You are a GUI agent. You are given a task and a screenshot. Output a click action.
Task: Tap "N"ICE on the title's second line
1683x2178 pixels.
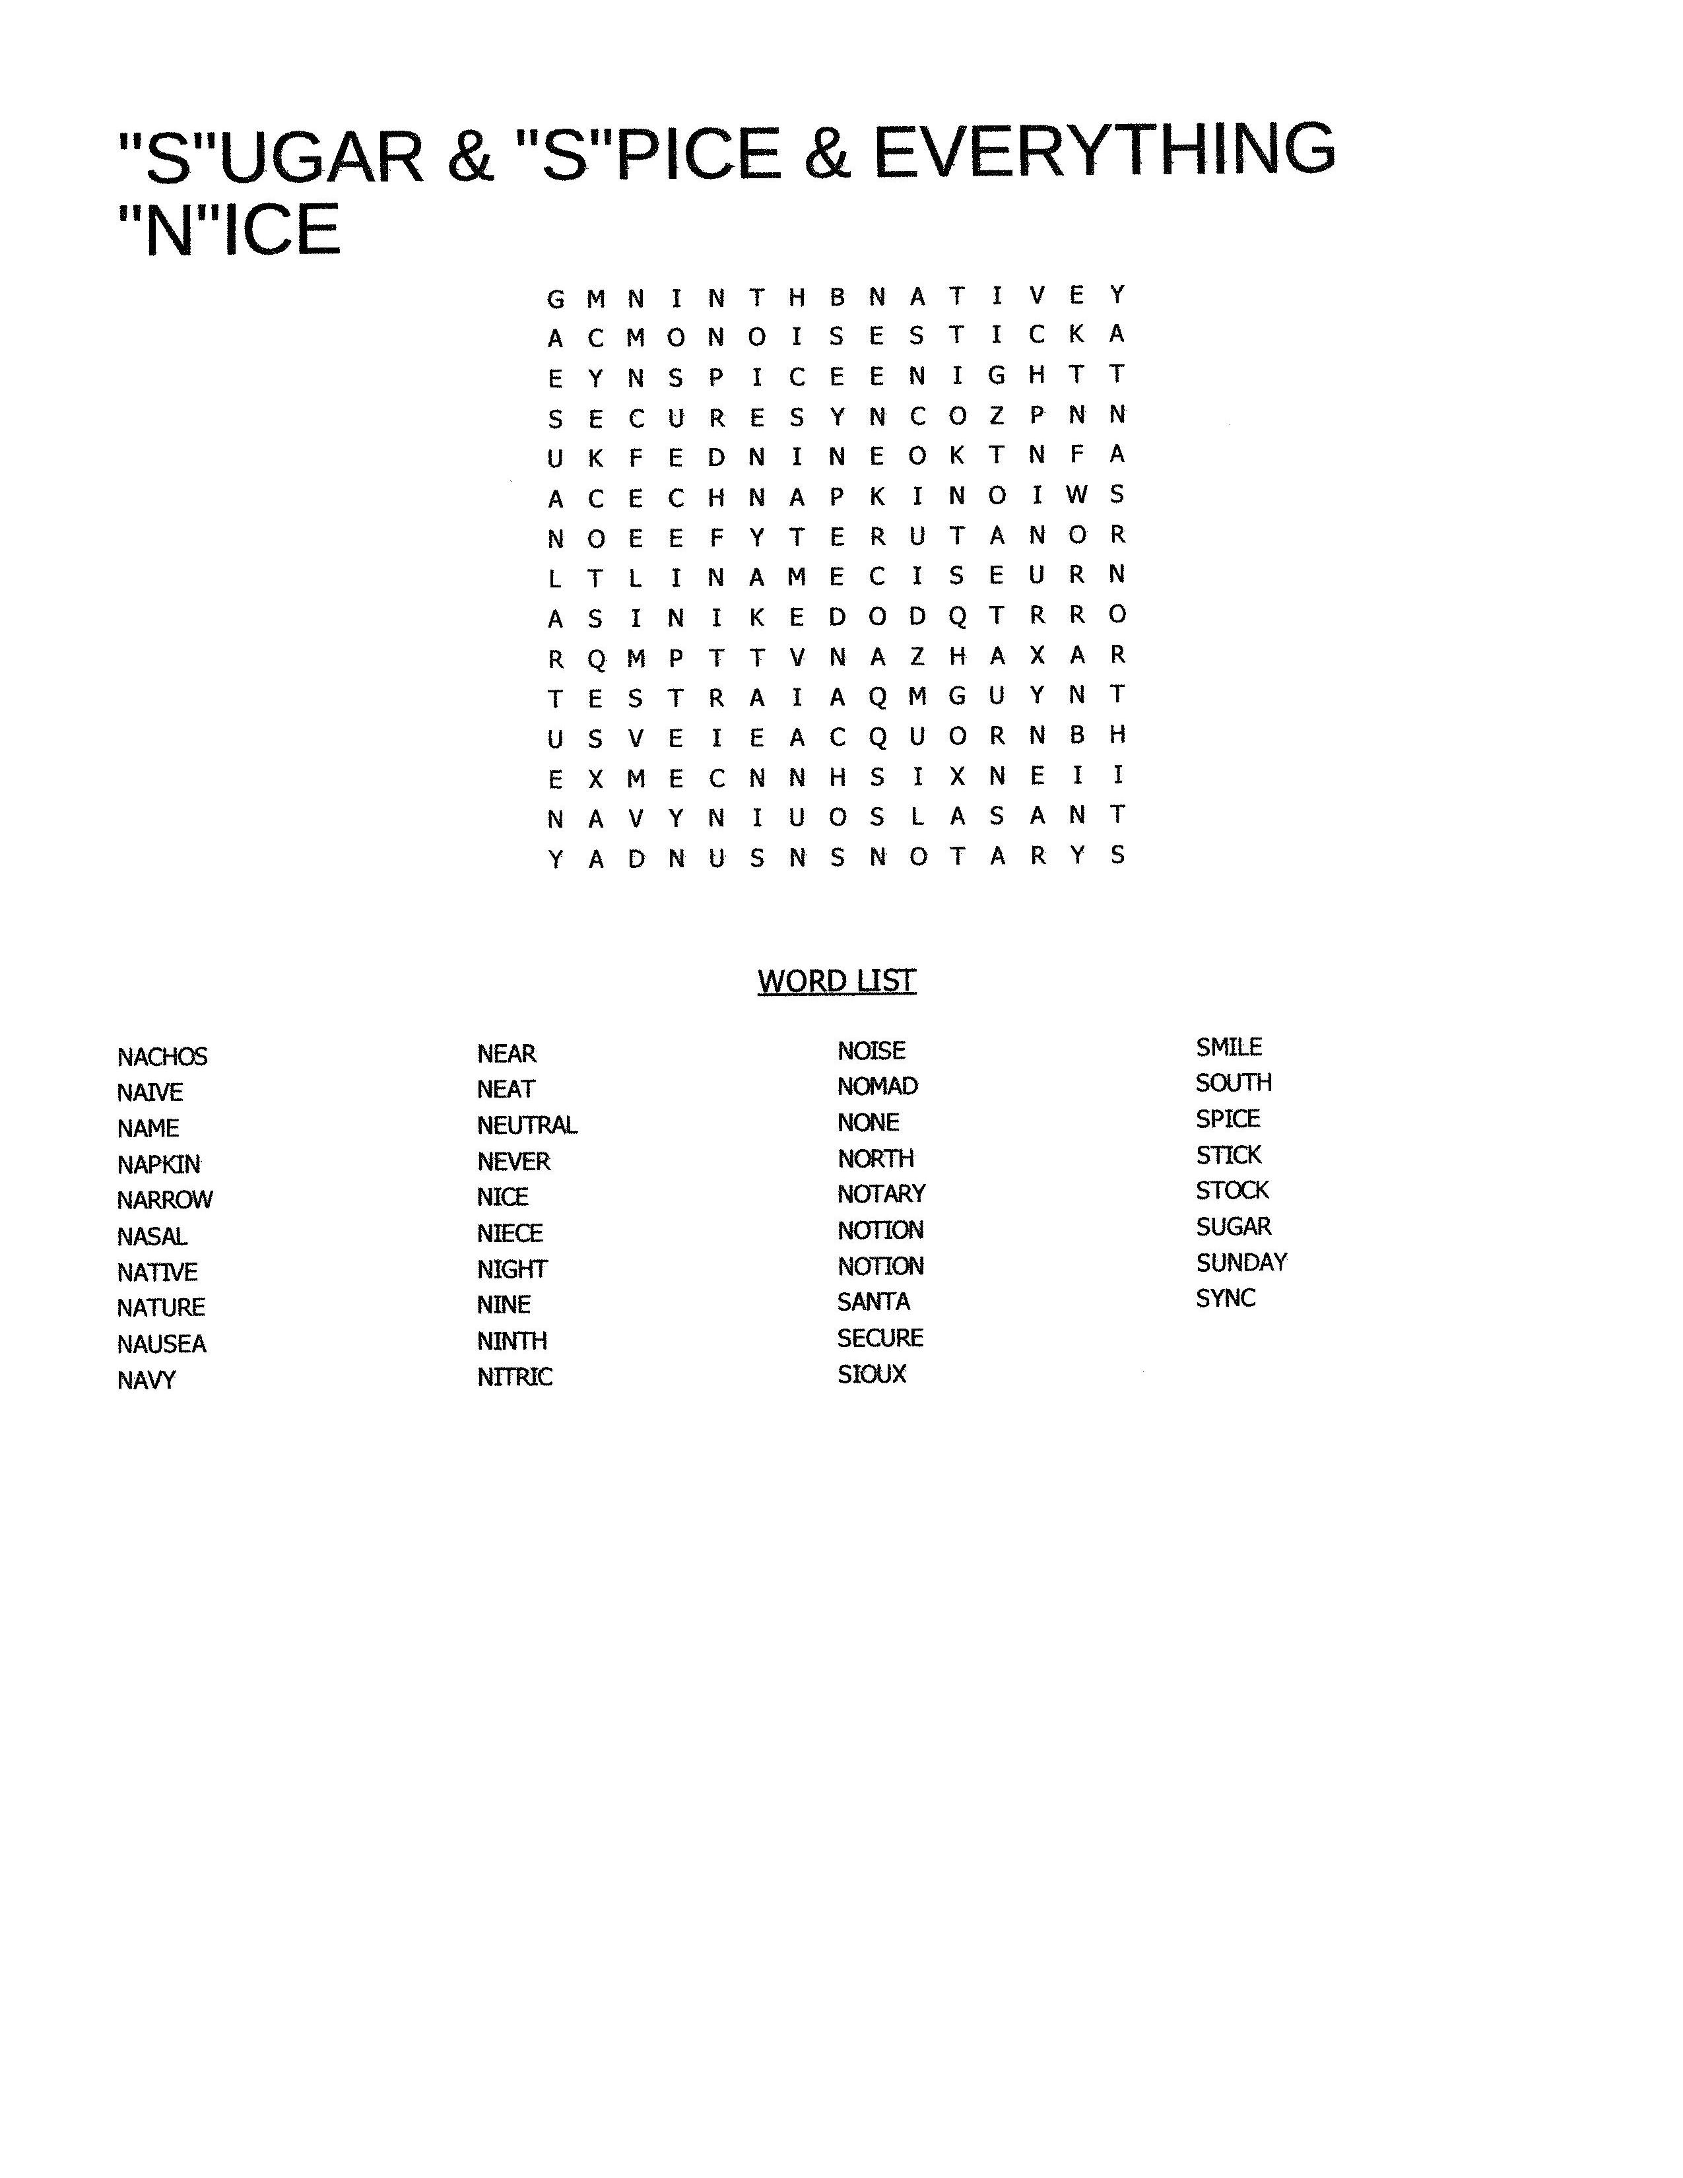pyautogui.click(x=229, y=230)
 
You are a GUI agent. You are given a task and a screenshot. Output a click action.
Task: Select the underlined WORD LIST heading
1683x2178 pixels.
pyautogui.click(x=836, y=981)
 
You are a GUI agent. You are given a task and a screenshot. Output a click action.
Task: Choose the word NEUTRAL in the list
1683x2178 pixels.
pyautogui.click(x=527, y=1126)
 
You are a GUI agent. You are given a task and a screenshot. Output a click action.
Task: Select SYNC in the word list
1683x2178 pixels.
pyautogui.click(x=1226, y=1298)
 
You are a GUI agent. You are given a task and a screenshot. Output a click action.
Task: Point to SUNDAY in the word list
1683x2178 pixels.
pyautogui.click(x=1241, y=1263)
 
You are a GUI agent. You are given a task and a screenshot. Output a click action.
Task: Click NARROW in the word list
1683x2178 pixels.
pyautogui.click(x=164, y=1200)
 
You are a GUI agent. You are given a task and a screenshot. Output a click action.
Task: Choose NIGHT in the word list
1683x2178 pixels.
pyautogui.click(x=511, y=1269)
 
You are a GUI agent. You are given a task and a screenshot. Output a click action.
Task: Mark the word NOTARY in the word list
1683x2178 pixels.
pyautogui.click(x=881, y=1194)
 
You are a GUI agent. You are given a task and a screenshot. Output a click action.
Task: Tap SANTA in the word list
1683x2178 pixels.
pyautogui.click(x=873, y=1302)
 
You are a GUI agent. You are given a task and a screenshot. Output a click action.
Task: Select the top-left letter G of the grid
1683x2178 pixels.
pyautogui.click(x=555, y=299)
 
